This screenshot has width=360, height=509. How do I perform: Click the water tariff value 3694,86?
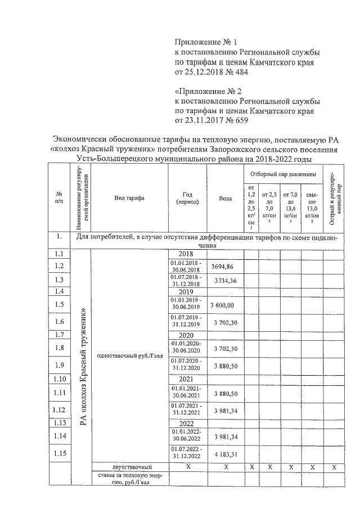coord(225,267)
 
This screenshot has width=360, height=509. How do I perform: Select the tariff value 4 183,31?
coord(225,453)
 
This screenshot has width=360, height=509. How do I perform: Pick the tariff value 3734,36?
coord(225,281)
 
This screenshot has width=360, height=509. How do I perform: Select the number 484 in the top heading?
coord(240,72)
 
